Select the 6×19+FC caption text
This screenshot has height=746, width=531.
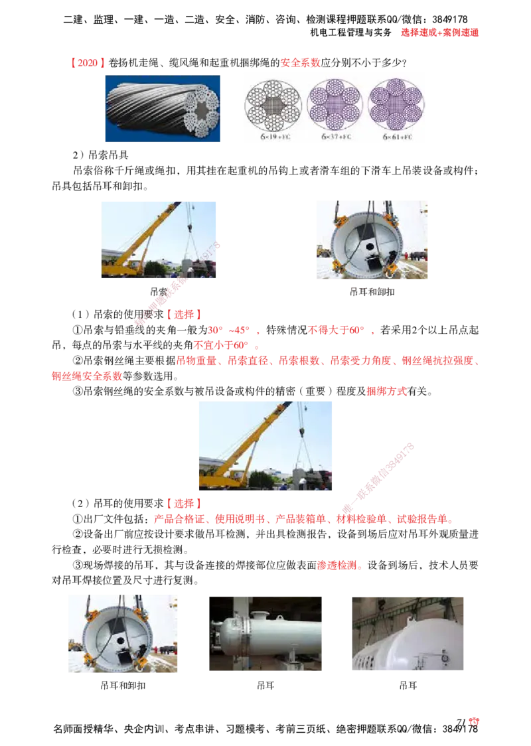(x=271, y=136)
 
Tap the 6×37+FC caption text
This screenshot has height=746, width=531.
(x=337, y=136)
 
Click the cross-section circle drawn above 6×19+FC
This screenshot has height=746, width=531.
(x=273, y=105)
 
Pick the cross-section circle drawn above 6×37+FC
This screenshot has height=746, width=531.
(x=336, y=105)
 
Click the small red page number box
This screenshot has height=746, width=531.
(x=473, y=722)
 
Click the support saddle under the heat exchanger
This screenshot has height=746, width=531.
(x=290, y=657)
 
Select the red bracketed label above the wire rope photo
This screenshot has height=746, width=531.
(x=88, y=63)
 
